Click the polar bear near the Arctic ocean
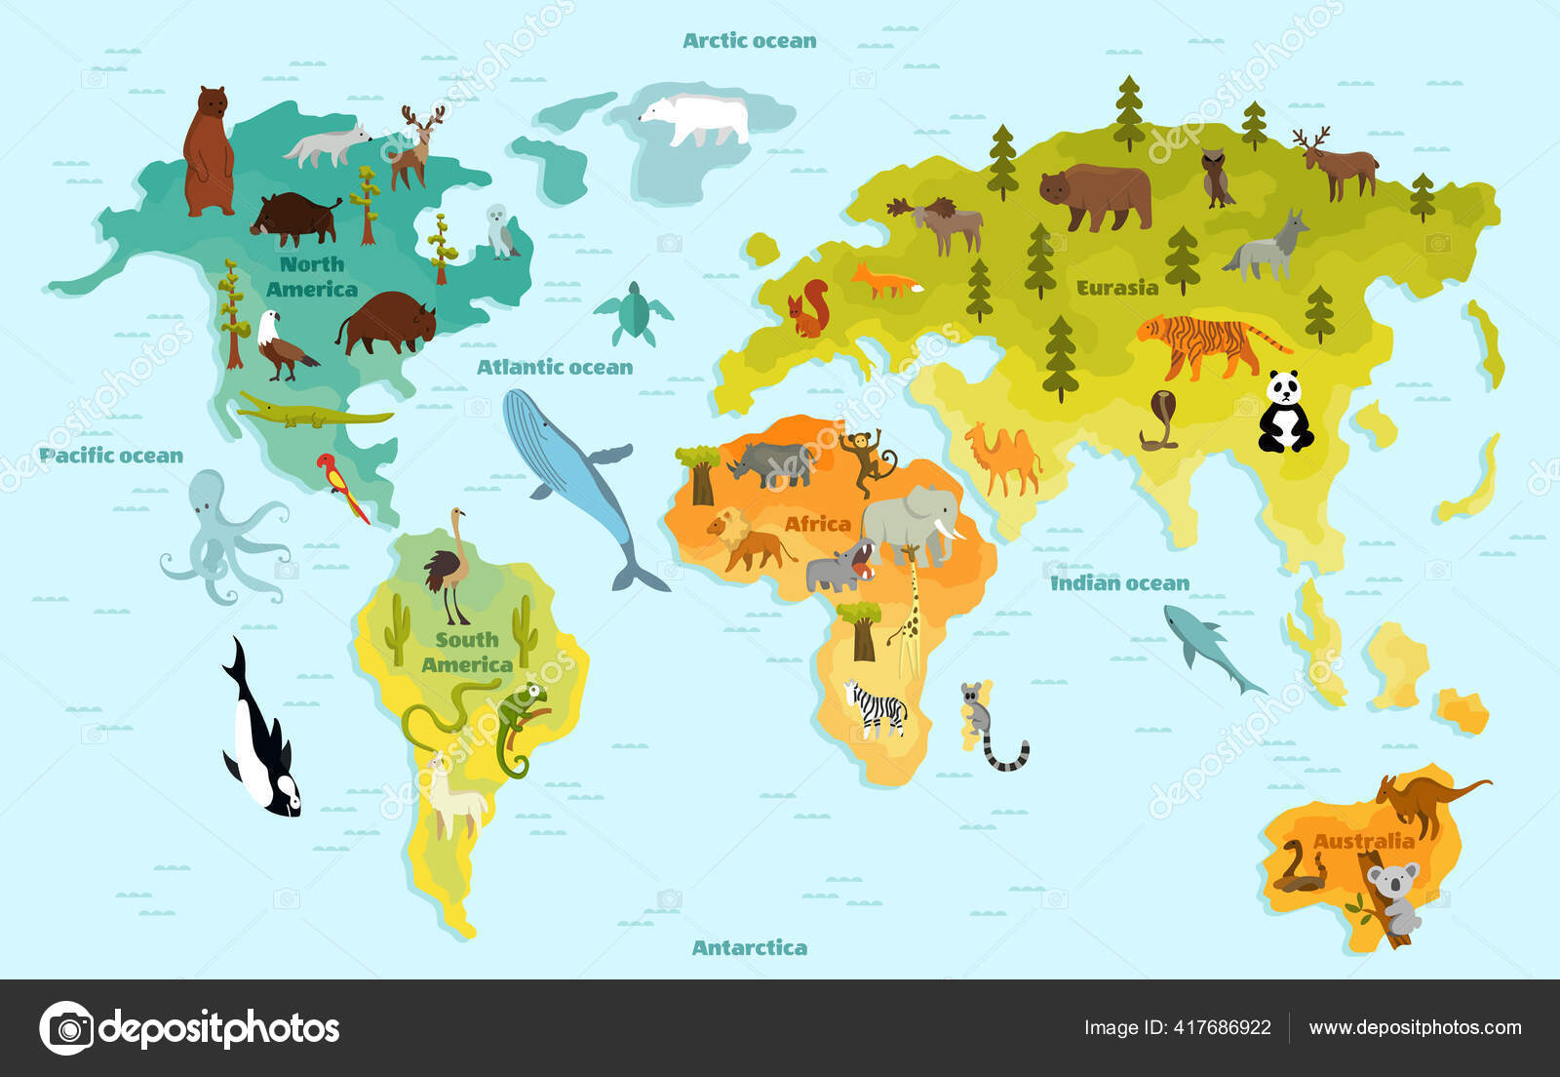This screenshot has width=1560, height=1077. (x=696, y=119)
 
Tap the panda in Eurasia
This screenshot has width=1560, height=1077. (x=1285, y=414)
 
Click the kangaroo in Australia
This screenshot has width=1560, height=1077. (x=1420, y=800)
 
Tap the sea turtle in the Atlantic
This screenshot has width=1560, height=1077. (x=634, y=313)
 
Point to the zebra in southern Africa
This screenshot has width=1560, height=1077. (x=877, y=708)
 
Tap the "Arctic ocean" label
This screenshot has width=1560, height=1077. (x=749, y=41)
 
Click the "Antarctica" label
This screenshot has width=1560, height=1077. (x=749, y=947)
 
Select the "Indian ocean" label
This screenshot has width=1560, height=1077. (x=1119, y=583)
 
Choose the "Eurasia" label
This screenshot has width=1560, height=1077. (x=1117, y=288)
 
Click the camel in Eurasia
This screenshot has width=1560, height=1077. (x=1004, y=459)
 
